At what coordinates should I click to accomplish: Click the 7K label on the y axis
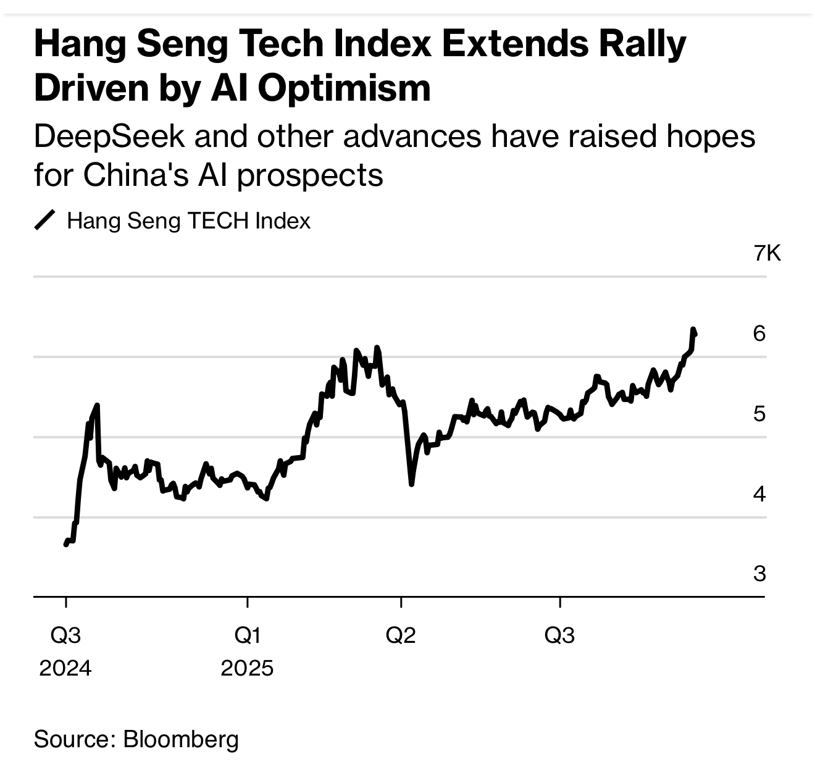767,253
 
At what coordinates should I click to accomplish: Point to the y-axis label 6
759,333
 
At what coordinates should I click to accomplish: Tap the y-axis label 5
759,414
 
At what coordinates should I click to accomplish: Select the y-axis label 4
759,494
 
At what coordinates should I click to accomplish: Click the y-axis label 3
759,574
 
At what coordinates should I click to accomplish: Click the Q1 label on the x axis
247,635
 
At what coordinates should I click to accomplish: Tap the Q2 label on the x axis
401,635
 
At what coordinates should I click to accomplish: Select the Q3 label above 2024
65,635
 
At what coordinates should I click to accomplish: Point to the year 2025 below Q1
247,668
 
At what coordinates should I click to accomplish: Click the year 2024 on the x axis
65,668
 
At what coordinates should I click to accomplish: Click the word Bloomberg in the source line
181,739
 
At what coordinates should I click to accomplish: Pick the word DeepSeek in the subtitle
109,137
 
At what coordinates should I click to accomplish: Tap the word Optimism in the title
344,88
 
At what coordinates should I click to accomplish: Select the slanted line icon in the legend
45,220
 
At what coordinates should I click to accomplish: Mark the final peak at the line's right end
693,329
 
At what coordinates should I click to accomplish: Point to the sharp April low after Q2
411,484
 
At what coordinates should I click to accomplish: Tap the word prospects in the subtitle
310,176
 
